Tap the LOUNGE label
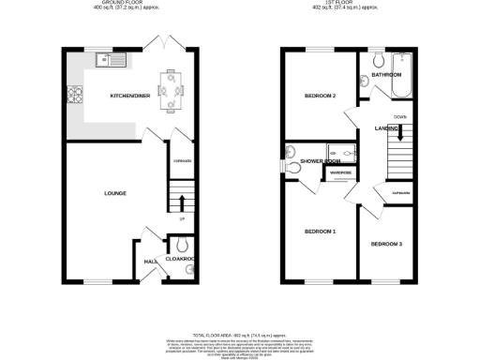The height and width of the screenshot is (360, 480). click(x=115, y=193)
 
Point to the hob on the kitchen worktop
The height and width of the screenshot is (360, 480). click(x=73, y=95)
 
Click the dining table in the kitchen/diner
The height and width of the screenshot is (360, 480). click(x=170, y=89)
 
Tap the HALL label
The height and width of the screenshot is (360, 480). click(x=148, y=262)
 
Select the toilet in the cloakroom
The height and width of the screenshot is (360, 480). click(x=181, y=248)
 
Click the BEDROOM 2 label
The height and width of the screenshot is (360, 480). click(x=321, y=97)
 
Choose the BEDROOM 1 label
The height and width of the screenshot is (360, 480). click(x=321, y=232)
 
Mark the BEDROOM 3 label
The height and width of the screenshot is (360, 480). click(x=385, y=245)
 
